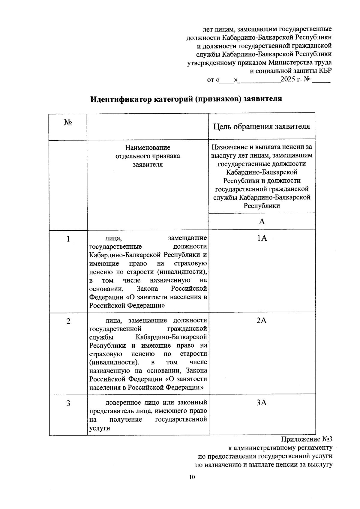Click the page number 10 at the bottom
coord(192,477)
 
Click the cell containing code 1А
coord(262,238)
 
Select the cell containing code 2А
coord(262,321)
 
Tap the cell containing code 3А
coord(262,403)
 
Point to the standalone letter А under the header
coord(262,221)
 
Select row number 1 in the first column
coord(68,239)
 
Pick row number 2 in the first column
coord(68,321)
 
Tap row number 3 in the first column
coord(68,403)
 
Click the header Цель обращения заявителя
coord(262,126)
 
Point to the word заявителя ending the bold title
coord(263,99)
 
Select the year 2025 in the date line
coord(288,80)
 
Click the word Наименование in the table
coord(148,148)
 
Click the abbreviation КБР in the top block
coord(325,71)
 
